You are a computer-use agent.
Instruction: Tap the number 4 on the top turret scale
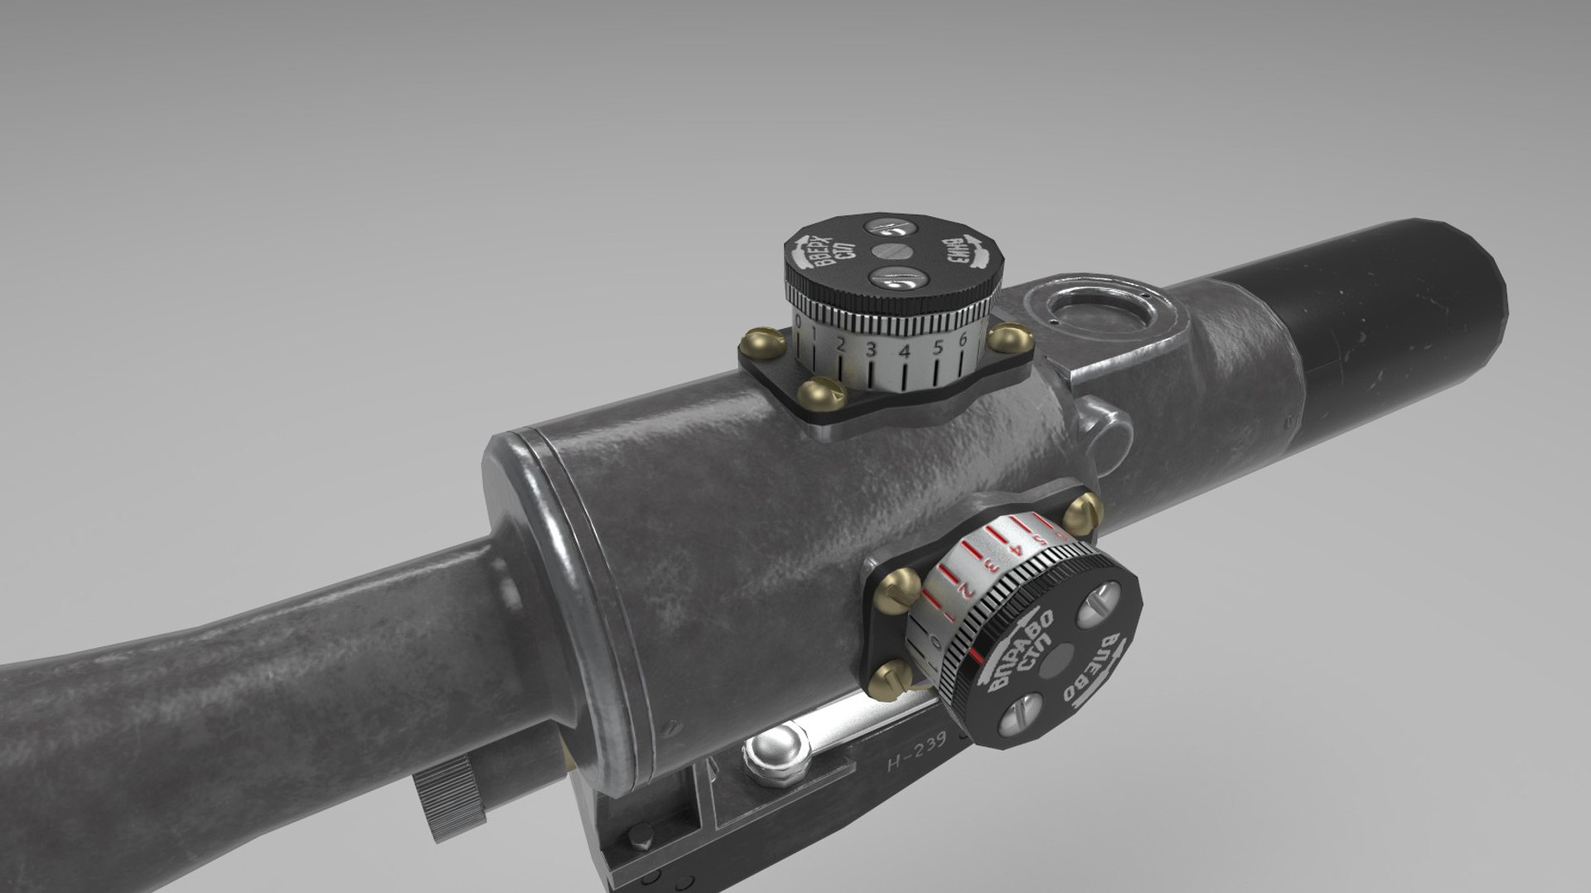tap(905, 351)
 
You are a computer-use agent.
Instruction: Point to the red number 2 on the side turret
tap(964, 590)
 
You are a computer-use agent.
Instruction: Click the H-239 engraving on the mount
tap(916, 760)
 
